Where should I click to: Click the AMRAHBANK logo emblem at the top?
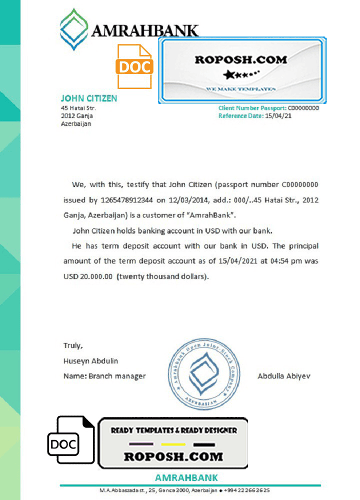pos(75,29)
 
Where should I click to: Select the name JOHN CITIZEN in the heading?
pos(89,98)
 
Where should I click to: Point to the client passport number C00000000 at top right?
pos(303,108)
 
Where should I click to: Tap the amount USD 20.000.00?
pos(88,276)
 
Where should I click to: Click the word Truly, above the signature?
pos(73,345)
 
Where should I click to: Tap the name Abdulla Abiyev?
pos(283,376)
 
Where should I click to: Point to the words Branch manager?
pos(118,376)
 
